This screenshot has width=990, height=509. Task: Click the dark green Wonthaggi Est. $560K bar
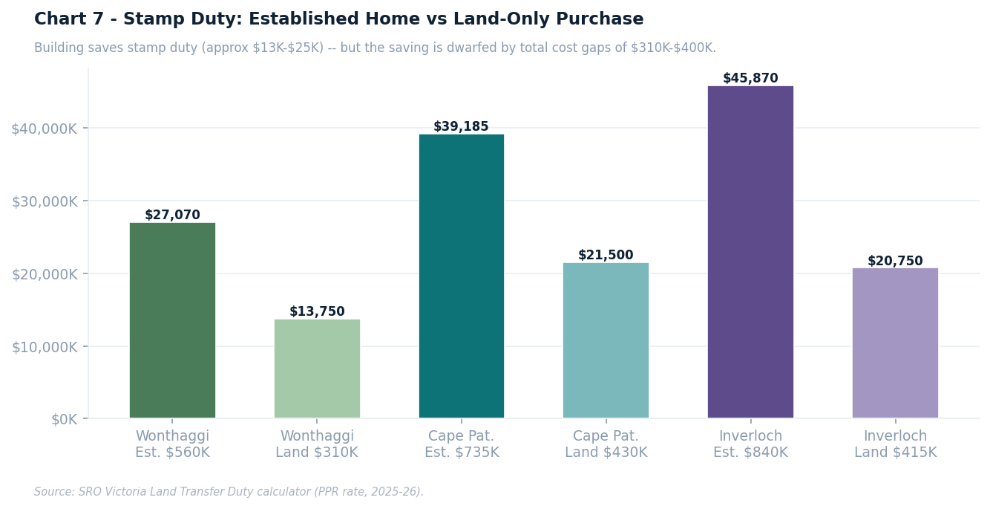[x=172, y=320]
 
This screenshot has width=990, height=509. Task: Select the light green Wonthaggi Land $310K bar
[x=317, y=369]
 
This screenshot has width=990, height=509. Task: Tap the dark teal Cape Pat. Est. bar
[x=461, y=276]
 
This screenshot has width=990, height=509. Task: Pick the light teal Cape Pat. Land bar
[x=606, y=340]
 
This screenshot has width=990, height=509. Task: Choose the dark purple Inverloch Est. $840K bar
[x=750, y=252]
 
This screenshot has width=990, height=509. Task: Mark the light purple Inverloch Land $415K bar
[x=895, y=343]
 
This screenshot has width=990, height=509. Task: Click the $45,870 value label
[x=750, y=79]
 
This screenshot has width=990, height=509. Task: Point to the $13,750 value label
[x=317, y=312]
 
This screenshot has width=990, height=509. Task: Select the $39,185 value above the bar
[x=461, y=127]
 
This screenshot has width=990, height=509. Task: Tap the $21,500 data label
[x=606, y=256]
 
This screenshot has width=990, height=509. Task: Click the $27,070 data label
[x=172, y=215]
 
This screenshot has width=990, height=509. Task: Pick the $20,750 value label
[x=895, y=262]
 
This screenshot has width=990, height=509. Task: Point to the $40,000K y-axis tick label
[x=44, y=129]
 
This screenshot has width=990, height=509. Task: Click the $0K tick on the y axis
[x=64, y=419]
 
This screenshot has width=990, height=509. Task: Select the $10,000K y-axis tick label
[x=44, y=346]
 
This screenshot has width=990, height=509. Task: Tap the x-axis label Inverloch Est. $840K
[x=750, y=444]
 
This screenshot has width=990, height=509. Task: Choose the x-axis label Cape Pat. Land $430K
[x=606, y=444]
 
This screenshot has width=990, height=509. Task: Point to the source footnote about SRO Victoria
[x=229, y=492]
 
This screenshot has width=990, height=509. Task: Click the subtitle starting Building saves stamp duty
[x=375, y=48]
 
